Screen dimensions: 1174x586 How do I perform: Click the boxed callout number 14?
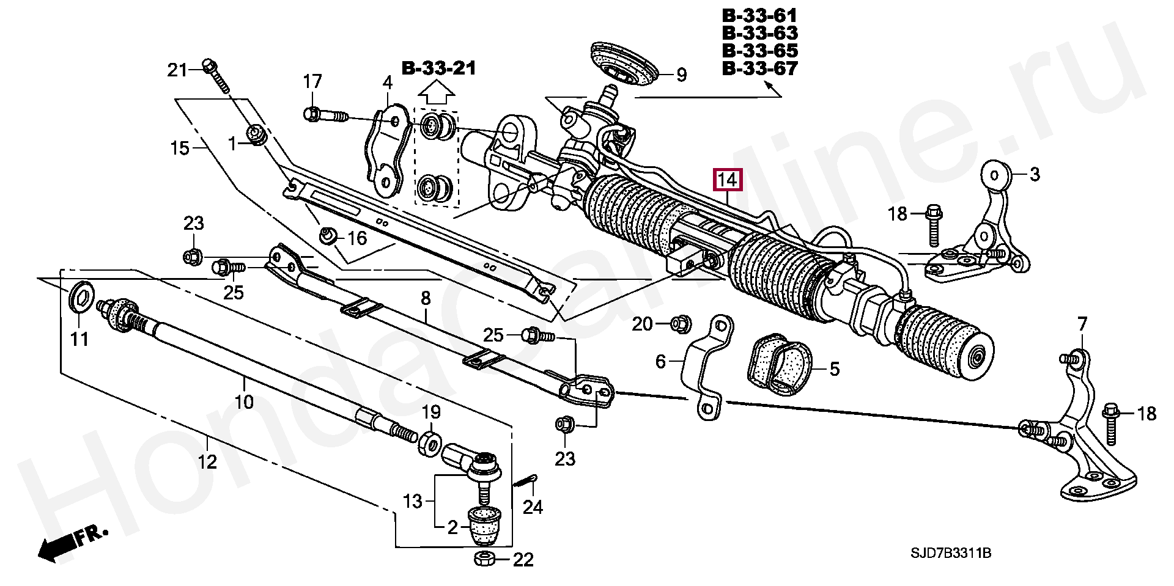point(727,180)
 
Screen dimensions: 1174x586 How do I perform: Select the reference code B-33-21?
point(438,68)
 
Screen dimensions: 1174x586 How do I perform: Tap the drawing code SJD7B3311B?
point(951,553)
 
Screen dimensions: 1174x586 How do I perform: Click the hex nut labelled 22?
point(485,558)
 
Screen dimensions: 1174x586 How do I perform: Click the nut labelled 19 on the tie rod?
point(429,443)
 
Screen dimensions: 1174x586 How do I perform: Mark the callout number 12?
point(207,461)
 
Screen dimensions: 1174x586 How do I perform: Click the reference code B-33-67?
point(759,68)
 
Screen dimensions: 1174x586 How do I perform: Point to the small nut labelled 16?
point(328,235)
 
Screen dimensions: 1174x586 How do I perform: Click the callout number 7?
point(1082,323)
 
